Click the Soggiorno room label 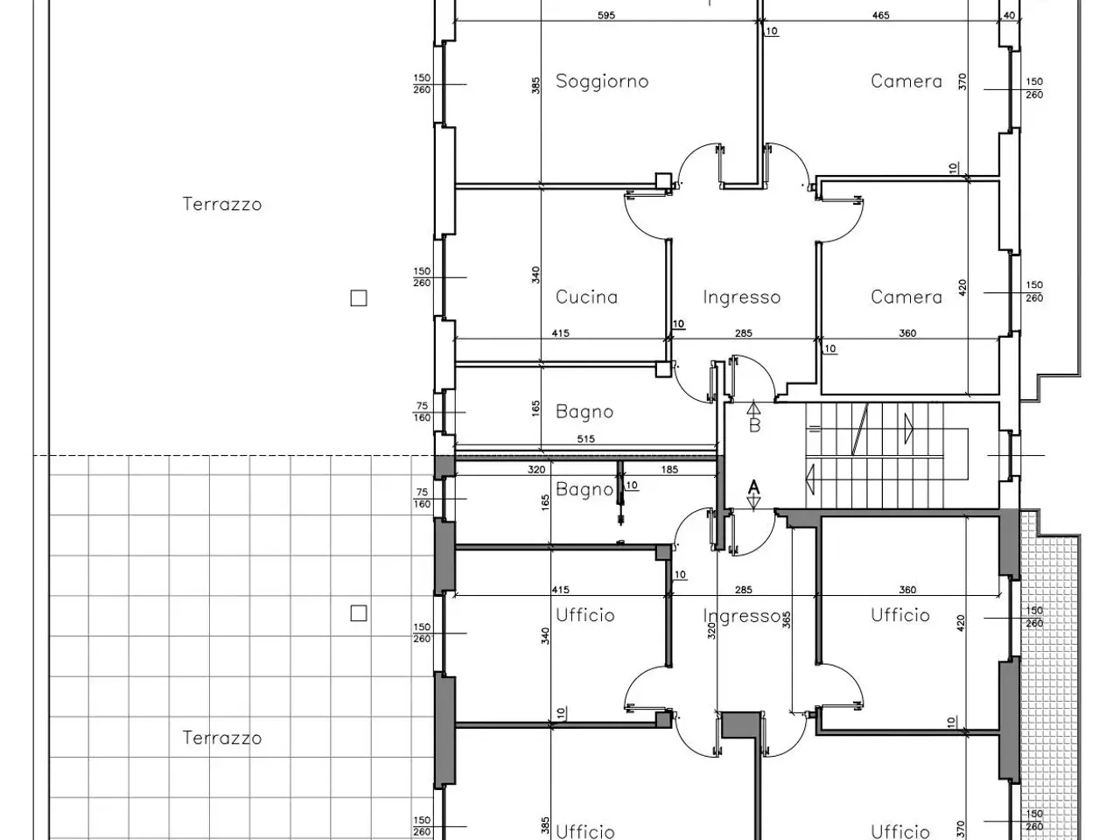[x=602, y=81]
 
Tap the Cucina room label [x=586, y=297]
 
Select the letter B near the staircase [x=754, y=425]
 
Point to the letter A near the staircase [x=753, y=487]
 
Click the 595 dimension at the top [x=606, y=15]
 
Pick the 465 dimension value [x=881, y=15]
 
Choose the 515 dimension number [x=585, y=438]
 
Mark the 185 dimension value [x=669, y=469]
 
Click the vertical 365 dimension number [x=787, y=619]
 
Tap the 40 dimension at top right [x=1009, y=15]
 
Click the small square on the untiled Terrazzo [x=359, y=297]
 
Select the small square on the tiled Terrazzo [x=359, y=613]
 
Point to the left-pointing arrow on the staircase [x=810, y=479]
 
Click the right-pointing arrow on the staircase [x=909, y=429]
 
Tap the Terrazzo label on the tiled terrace [x=222, y=738]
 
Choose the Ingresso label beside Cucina [x=741, y=297]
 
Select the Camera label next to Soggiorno [x=906, y=81]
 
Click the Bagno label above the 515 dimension [x=584, y=411]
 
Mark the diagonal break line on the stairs [x=860, y=430]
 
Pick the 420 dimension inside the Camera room [x=962, y=288]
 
